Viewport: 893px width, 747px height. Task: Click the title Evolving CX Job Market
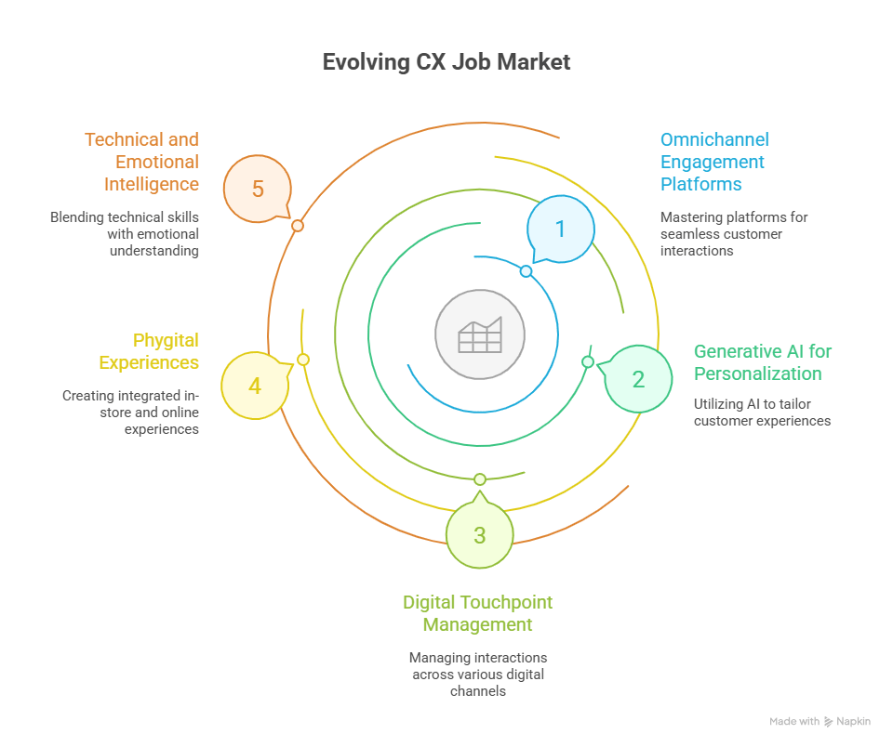pos(446,62)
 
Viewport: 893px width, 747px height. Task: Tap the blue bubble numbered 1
pos(560,229)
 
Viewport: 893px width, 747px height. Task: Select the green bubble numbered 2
pos(638,379)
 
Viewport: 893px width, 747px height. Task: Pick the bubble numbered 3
pos(479,535)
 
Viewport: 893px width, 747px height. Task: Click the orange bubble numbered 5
pos(258,190)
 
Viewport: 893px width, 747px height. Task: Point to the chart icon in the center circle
pos(480,334)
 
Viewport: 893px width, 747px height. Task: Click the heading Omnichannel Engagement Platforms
pos(714,162)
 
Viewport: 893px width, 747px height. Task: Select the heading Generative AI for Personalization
pos(762,362)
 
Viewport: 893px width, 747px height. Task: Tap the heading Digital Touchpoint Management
pos(478,613)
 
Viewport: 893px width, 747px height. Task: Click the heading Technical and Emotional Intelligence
pos(141,162)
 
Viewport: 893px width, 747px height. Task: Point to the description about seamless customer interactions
pos(734,233)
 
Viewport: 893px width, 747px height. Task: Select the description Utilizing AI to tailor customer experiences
pos(762,413)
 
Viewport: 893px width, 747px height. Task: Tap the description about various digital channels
pos(478,674)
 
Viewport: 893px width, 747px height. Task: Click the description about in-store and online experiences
pos(130,413)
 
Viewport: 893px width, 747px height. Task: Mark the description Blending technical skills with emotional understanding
pos(125,233)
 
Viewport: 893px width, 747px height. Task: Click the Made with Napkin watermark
pos(820,722)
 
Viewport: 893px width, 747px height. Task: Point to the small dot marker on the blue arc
pos(526,271)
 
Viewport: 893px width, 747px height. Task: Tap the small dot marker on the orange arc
pos(298,226)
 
